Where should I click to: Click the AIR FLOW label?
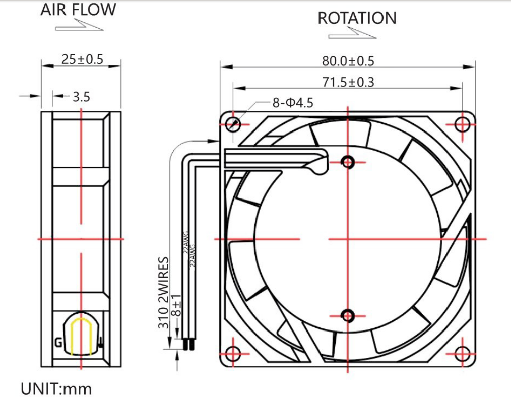[78, 10]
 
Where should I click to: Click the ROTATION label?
[357, 18]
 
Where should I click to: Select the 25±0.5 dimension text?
[82, 59]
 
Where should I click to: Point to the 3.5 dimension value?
[81, 97]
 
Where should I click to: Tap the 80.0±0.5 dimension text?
[348, 61]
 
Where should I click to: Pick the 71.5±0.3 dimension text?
[348, 82]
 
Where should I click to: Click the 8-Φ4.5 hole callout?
[293, 103]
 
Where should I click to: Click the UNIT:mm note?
[56, 389]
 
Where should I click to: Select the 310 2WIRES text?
[164, 293]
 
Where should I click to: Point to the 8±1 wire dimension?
[176, 305]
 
